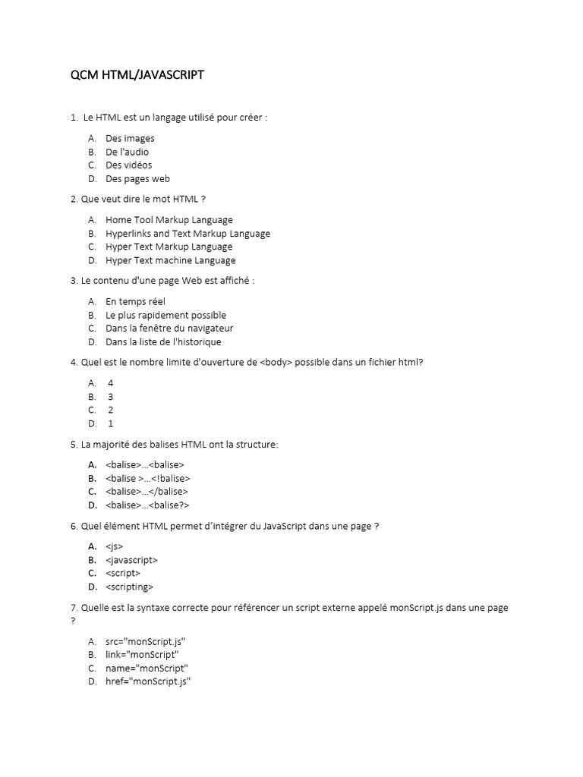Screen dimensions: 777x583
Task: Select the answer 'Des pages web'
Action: point(137,179)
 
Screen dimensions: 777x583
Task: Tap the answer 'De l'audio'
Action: point(127,152)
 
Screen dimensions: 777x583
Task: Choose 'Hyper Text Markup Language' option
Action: point(169,247)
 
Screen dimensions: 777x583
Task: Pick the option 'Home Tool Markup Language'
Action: point(169,220)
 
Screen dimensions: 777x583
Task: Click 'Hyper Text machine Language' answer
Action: point(170,260)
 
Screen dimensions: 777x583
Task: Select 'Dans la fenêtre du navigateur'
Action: point(169,329)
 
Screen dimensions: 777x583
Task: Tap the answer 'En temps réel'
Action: point(135,301)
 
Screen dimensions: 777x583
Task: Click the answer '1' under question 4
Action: point(110,423)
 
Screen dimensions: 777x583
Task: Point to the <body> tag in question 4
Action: point(276,363)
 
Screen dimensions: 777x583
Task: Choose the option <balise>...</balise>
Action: point(147,492)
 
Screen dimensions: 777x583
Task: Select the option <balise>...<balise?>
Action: point(147,505)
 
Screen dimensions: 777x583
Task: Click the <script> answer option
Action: point(123,574)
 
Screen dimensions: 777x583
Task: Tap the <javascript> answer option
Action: point(131,560)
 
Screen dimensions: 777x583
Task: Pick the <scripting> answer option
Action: point(130,587)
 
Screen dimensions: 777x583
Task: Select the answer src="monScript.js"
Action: point(145,641)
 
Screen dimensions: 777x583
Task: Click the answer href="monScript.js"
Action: point(147,681)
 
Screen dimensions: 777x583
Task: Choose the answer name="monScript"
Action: point(147,668)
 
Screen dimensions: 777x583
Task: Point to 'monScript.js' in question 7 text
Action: point(415,609)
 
